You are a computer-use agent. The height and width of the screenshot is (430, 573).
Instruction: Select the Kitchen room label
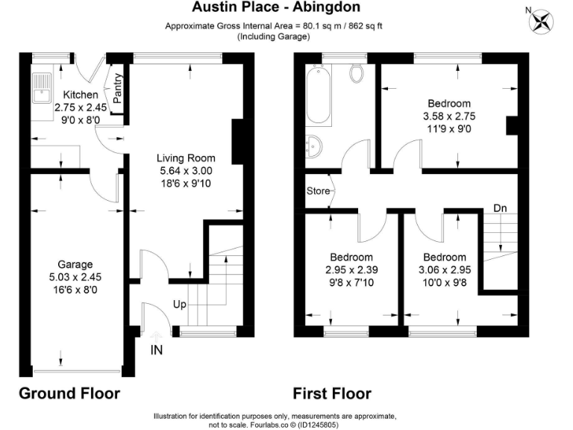point(80,95)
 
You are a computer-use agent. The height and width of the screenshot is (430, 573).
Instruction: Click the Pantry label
point(117,91)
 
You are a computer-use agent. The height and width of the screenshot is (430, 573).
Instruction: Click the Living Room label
point(186,158)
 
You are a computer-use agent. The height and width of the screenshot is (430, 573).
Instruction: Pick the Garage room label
point(75,264)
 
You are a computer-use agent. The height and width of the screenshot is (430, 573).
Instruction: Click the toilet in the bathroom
point(357,74)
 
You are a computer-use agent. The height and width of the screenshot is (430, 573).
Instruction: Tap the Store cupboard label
point(318,191)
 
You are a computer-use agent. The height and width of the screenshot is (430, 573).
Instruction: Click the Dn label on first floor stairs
point(501,208)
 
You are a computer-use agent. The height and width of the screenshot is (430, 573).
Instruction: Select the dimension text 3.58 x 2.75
point(449,116)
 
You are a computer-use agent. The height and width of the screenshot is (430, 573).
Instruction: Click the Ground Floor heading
point(69,393)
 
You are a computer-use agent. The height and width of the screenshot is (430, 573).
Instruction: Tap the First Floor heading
point(332,393)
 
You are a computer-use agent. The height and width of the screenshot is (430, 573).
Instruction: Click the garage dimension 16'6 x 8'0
point(75,289)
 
